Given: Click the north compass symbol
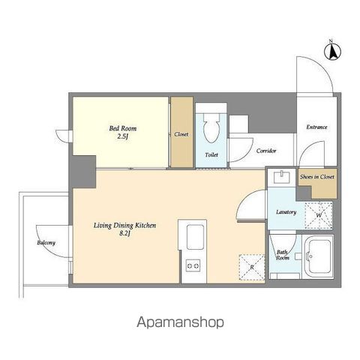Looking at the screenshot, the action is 332,51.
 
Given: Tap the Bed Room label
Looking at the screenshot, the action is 123,128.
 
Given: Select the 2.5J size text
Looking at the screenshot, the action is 123,136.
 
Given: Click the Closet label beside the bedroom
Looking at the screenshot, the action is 181,134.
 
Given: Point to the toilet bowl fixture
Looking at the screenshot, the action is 211,127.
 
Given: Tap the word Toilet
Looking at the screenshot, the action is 211,154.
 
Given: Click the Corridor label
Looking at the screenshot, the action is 266,151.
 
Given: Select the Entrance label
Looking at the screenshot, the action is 316,127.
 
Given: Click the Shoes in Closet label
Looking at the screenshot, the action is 317,177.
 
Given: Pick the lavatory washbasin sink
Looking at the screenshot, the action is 281,177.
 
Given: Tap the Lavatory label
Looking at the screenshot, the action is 286,212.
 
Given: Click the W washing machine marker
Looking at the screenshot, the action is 319,215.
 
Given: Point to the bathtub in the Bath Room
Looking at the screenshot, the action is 318,256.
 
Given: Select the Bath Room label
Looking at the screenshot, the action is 283,255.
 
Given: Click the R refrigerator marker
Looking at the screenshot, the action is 252,267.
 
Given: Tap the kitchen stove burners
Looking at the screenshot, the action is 193,265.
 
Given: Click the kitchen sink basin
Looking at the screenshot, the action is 195,237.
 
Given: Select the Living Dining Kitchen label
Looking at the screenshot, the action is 124,226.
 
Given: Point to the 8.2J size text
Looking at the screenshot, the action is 124,234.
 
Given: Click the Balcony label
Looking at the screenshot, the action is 46,242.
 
